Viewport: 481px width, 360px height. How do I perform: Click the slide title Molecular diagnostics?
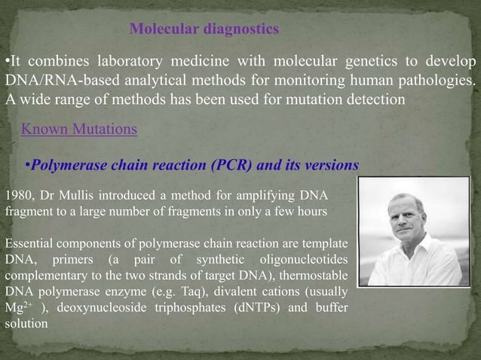click(204, 29)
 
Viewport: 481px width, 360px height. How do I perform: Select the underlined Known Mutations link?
click(79, 129)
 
